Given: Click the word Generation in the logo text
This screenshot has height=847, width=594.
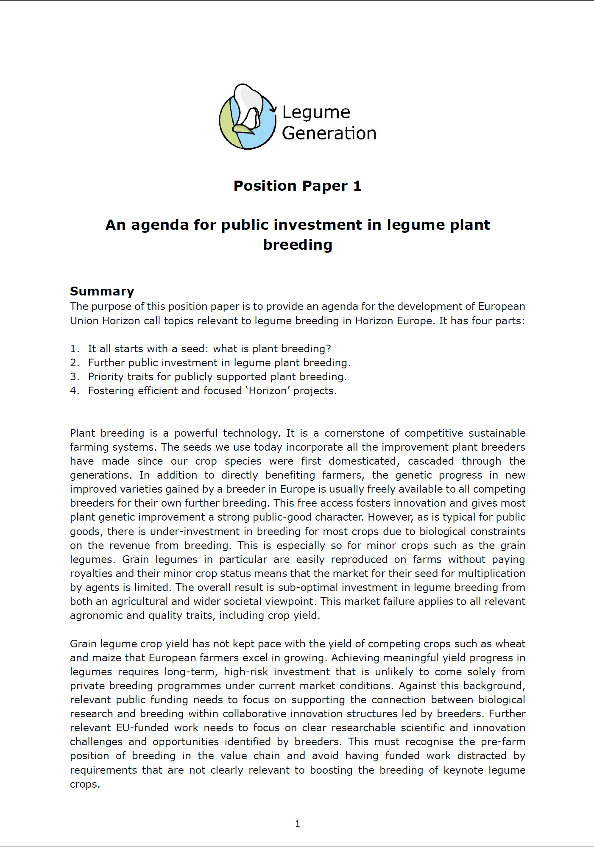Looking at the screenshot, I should pyautogui.click(x=329, y=134).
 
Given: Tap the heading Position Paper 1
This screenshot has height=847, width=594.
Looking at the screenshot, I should pyautogui.click(x=297, y=186).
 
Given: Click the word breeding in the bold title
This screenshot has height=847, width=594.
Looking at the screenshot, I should pyautogui.click(x=297, y=245).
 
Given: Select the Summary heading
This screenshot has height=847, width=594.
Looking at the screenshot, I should pyautogui.click(x=102, y=291).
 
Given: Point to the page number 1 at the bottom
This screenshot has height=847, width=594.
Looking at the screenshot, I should pyautogui.click(x=297, y=823).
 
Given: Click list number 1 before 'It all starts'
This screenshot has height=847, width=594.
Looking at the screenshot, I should pyautogui.click(x=74, y=349).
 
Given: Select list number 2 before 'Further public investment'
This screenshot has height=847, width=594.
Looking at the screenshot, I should pyautogui.click(x=74, y=363).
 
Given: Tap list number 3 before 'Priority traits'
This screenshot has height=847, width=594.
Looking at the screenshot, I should pyautogui.click(x=74, y=377).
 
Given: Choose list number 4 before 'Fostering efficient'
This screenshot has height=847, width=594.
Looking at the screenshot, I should pyautogui.click(x=74, y=391).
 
